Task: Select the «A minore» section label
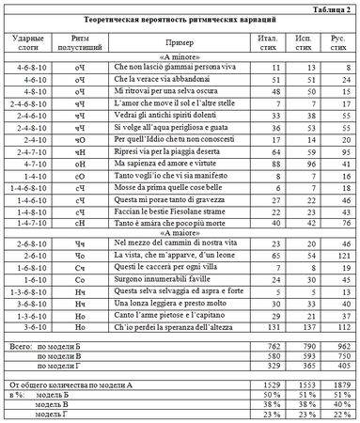[171, 57]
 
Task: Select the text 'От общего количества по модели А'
[71, 385]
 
